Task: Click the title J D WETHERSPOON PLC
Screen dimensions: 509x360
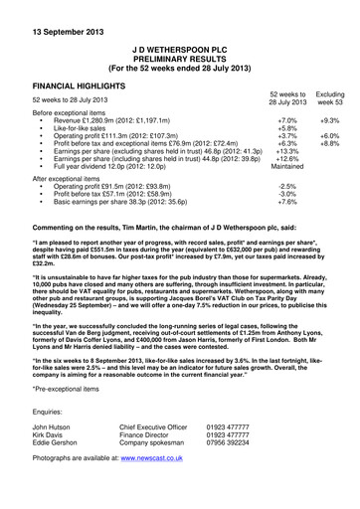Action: tap(180, 47)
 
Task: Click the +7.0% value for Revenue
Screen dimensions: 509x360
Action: tap(286, 119)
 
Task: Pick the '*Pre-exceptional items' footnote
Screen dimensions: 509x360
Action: tap(69, 389)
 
